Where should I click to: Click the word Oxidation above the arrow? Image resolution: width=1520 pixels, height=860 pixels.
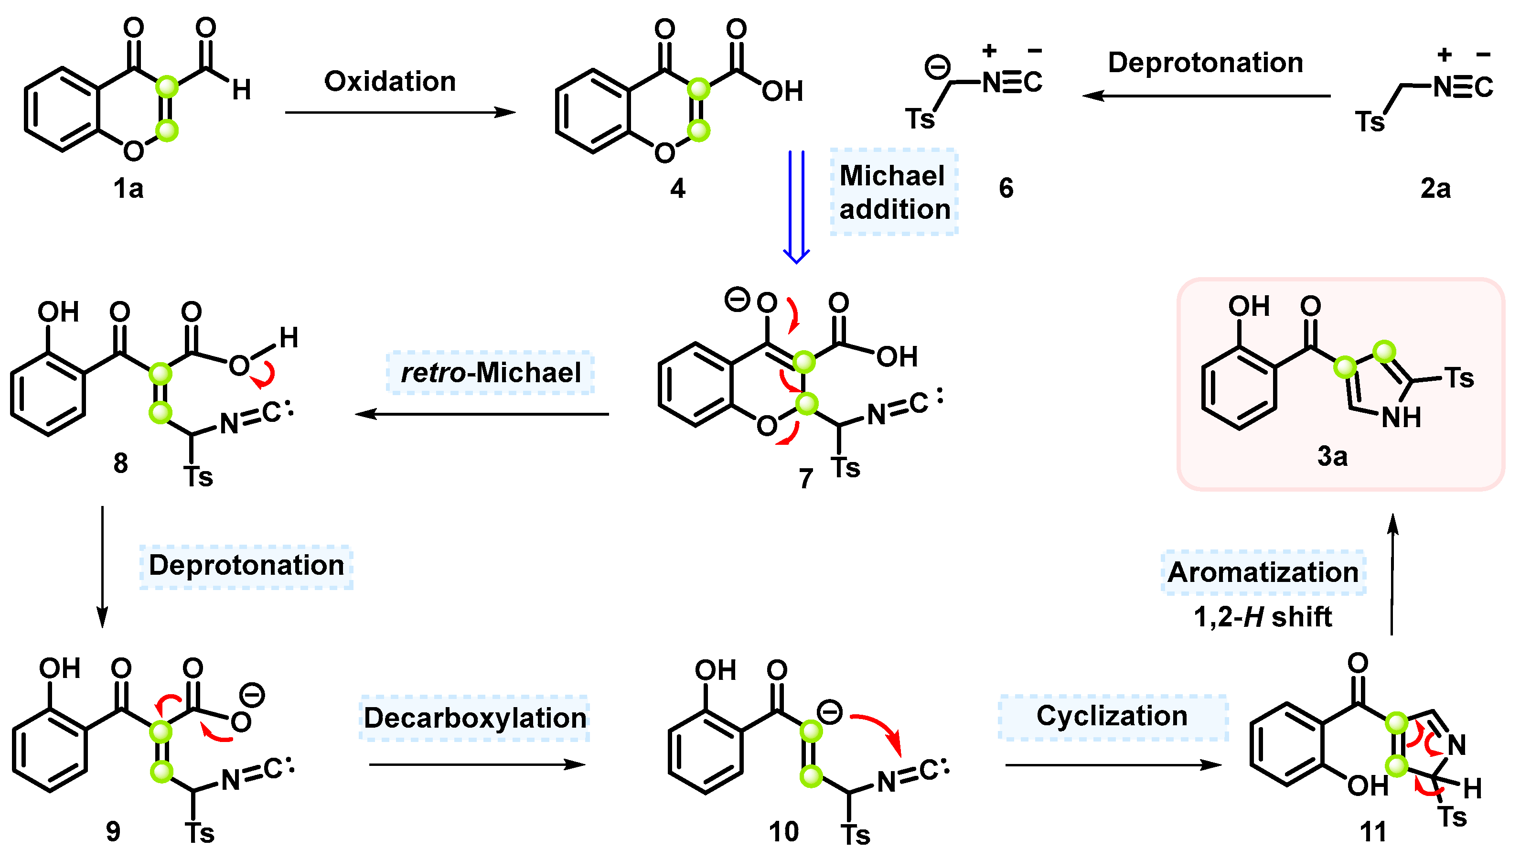click(x=390, y=82)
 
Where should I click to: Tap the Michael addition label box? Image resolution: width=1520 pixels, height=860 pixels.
click(x=894, y=193)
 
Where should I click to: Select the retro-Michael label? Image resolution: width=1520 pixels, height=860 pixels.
click(x=490, y=373)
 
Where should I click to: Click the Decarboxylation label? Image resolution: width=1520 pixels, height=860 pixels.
click(x=474, y=718)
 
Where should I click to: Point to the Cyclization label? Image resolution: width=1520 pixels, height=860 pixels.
click(x=1113, y=716)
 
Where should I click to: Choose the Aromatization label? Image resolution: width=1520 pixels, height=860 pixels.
click(x=1263, y=572)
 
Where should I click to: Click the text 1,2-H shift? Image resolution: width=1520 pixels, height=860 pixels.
click(x=1263, y=617)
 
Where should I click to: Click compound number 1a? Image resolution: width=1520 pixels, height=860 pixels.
click(x=128, y=189)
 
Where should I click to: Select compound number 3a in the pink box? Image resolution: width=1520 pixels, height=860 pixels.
click(x=1332, y=457)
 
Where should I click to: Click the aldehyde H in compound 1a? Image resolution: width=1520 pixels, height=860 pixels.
click(x=241, y=90)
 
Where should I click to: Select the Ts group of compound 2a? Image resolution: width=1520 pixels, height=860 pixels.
click(x=1370, y=122)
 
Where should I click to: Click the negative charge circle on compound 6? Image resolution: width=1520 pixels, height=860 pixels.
click(x=937, y=67)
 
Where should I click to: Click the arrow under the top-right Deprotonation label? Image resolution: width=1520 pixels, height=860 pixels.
click(x=1205, y=96)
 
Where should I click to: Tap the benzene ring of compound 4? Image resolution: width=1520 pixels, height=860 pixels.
click(x=593, y=111)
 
